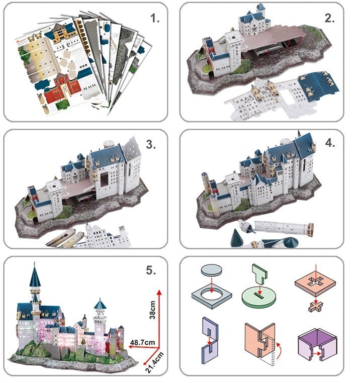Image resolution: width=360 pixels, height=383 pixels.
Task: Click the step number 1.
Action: pos(155,18)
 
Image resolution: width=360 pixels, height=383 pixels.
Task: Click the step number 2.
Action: pos(329,18)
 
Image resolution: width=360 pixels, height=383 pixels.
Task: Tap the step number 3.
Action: pos(151,145)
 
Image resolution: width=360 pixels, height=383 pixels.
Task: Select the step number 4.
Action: pos(330,143)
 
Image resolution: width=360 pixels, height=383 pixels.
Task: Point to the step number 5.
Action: pos(151,270)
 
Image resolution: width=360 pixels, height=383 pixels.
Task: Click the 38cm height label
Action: pos(152,310)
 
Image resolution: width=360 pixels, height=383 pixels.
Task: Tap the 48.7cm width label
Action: pos(142,342)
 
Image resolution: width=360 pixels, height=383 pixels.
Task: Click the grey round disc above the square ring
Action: pos(212,270)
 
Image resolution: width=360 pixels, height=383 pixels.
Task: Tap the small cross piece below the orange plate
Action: pos(316,307)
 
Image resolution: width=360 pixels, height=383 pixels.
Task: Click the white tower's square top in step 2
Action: pos(233,37)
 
